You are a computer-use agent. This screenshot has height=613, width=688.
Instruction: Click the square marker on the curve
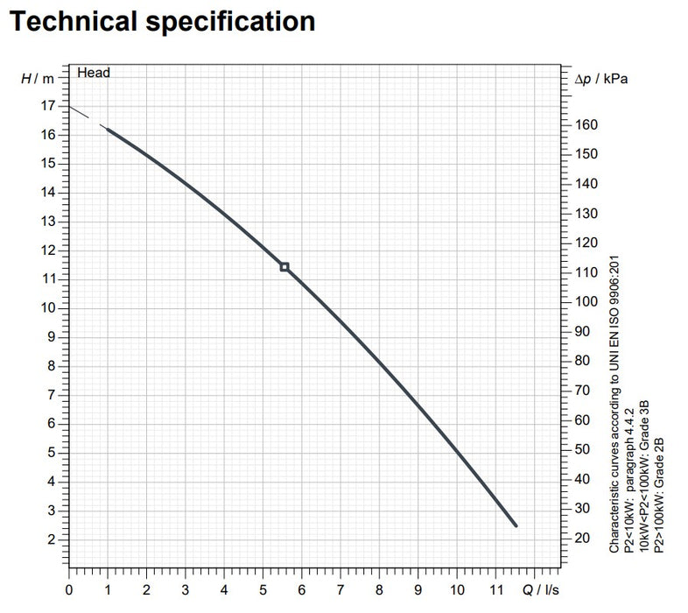[284, 266]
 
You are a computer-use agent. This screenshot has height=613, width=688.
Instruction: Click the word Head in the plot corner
[94, 74]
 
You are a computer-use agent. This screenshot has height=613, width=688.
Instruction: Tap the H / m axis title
[38, 79]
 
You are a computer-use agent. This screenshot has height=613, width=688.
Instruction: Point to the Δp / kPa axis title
[603, 79]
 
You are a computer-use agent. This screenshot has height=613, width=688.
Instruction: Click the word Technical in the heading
[75, 21]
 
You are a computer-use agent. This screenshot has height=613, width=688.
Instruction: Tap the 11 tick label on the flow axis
[496, 588]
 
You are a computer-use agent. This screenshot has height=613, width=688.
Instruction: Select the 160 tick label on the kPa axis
[587, 124]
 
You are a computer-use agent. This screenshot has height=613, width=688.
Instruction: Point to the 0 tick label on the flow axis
[69, 588]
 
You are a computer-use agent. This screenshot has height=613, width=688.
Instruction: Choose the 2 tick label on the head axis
[52, 539]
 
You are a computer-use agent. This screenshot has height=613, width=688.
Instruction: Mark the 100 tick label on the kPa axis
[587, 302]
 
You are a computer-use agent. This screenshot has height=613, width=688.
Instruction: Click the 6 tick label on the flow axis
[302, 588]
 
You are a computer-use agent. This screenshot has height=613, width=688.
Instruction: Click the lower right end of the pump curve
[515, 525]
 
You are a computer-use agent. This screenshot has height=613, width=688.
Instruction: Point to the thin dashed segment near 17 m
[84, 116]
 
